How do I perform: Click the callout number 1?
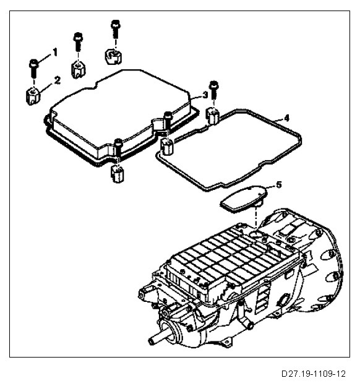(x=55, y=52)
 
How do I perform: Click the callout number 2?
(x=57, y=80)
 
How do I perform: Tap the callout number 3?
(x=205, y=95)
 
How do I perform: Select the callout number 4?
(x=286, y=118)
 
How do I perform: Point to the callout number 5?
(x=278, y=184)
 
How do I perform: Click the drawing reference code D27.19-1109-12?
(x=314, y=374)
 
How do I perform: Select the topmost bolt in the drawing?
(x=115, y=28)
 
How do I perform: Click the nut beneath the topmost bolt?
(x=114, y=57)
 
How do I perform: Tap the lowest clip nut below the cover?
(x=117, y=174)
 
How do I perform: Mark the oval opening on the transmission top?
(x=256, y=233)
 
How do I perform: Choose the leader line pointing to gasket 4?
(x=278, y=120)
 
